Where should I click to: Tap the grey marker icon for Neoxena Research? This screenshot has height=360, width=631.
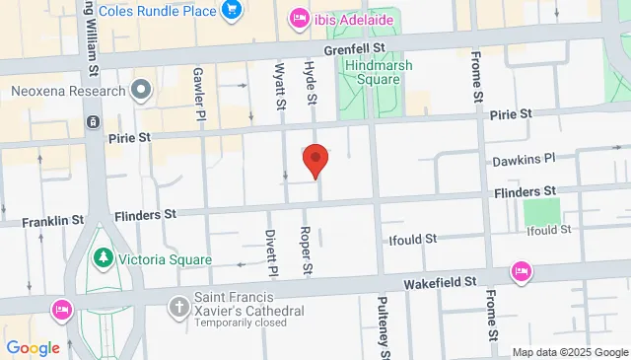(x=141, y=91)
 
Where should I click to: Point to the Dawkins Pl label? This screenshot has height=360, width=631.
(x=523, y=157)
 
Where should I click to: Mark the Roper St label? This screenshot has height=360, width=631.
(x=307, y=252)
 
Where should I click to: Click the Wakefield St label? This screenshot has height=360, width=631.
(x=443, y=282)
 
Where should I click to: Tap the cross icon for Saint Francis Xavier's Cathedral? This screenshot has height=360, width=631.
(x=179, y=307)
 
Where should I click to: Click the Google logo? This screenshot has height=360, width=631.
(x=33, y=348)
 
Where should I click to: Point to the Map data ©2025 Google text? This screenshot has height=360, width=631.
(x=569, y=352)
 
